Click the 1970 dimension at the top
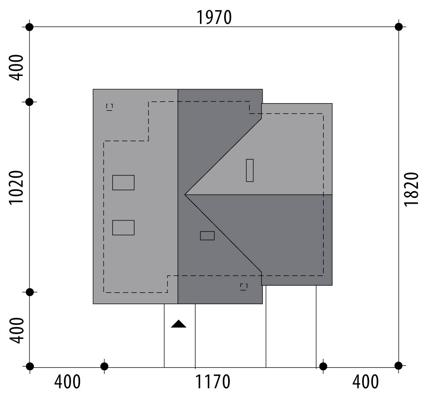coord(214,18)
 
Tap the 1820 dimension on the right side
coord(411,189)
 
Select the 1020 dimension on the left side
coord(16,187)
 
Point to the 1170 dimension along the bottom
coord(212,382)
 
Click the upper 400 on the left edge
coord(16,67)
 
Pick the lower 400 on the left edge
coord(16,331)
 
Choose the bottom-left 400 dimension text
coord(67,382)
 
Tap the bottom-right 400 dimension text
coord(366,382)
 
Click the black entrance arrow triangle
coord(179,324)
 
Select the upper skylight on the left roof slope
coord(123,183)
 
